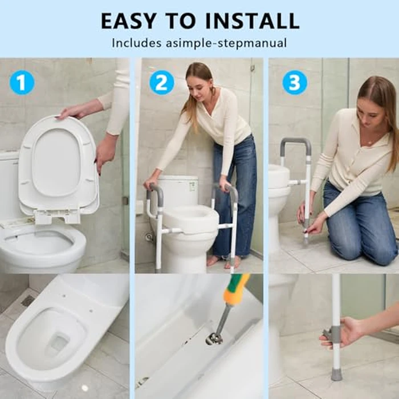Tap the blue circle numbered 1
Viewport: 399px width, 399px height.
pos(22,83)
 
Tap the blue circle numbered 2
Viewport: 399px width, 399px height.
pos(162,83)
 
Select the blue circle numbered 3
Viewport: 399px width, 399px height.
pos(295,83)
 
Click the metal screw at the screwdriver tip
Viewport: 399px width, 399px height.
pos(214,338)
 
